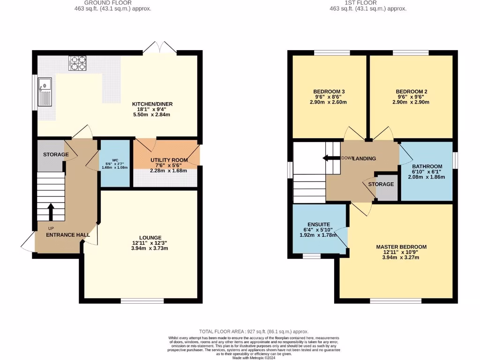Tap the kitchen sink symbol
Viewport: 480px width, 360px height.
click(46, 91)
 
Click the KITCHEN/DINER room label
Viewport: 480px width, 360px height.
click(147, 104)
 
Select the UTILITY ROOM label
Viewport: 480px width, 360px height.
click(169, 160)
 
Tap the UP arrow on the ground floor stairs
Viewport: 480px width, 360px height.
click(51, 211)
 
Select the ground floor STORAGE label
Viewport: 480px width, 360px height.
click(56, 154)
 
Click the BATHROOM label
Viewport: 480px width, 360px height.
click(427, 166)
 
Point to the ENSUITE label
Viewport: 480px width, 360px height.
click(318, 225)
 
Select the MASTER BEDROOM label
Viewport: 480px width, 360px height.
click(401, 247)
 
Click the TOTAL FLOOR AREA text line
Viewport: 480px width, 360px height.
click(253, 331)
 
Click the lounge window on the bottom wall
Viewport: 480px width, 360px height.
click(142, 300)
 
